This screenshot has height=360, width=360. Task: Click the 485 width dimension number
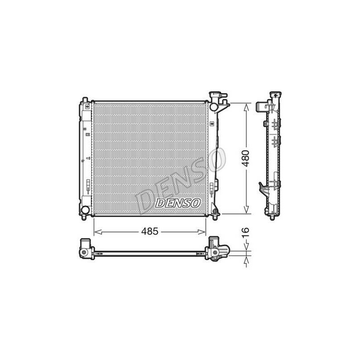point(150,231)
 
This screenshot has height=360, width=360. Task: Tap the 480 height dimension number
point(245,158)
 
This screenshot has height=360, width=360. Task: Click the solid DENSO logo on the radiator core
point(178,203)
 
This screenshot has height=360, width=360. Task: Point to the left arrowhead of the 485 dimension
point(98,232)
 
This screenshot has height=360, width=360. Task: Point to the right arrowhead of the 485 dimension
point(202,232)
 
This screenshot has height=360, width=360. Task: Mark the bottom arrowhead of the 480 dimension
point(246,209)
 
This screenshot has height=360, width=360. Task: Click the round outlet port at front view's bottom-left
point(85,210)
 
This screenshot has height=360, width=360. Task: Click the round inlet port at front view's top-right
point(213,107)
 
